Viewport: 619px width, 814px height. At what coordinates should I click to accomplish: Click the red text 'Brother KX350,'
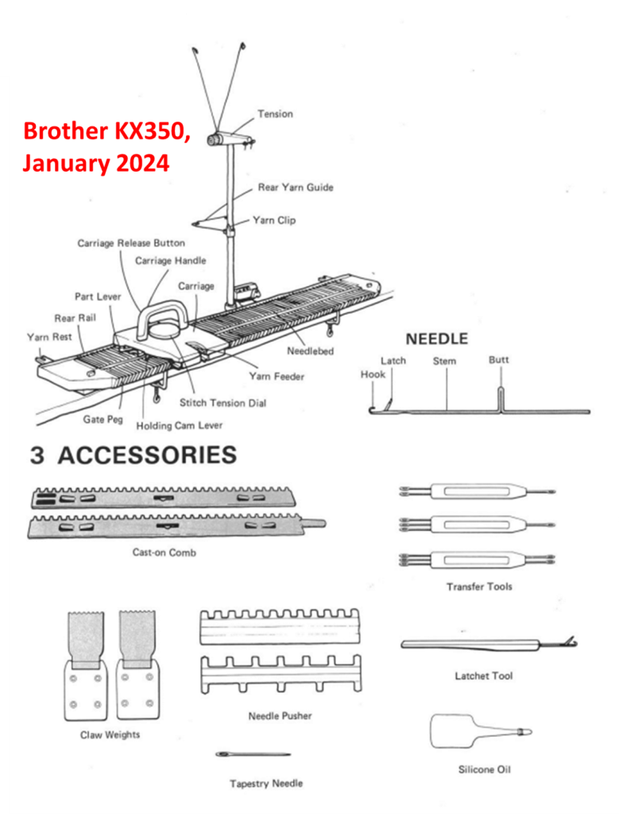[106, 132]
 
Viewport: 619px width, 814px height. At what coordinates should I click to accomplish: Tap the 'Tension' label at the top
[275, 114]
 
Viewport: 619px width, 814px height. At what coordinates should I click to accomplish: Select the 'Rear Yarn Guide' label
[296, 188]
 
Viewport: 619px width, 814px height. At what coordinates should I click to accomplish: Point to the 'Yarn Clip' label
[274, 220]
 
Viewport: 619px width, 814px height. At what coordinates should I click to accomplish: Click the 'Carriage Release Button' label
[131, 243]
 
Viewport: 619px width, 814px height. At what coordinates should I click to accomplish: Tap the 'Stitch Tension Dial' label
[222, 403]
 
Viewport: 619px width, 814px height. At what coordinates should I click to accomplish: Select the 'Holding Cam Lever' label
[180, 426]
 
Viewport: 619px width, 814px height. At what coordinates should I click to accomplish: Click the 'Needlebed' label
[310, 351]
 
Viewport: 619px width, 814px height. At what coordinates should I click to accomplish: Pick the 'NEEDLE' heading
[437, 339]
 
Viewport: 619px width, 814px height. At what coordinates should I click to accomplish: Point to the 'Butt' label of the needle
[498, 360]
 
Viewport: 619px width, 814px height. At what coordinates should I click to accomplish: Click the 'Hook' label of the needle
[372, 374]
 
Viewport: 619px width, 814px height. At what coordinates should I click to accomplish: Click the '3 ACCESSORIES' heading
[133, 455]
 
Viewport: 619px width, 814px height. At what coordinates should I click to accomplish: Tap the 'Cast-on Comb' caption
[164, 552]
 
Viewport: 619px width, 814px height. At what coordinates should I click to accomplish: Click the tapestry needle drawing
[252, 754]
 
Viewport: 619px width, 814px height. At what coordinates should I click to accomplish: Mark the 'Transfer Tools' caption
[479, 587]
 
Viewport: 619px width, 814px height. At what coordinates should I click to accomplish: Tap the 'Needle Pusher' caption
[280, 715]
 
